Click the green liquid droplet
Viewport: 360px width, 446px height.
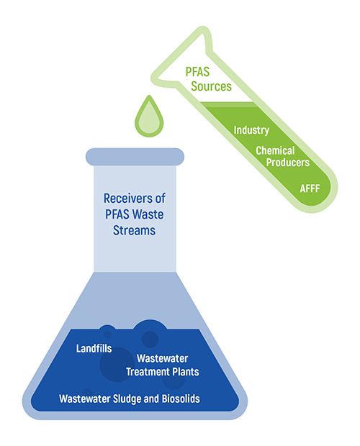(x=149, y=117)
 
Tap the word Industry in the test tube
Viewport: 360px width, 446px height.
(x=251, y=130)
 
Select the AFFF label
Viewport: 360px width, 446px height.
(x=310, y=188)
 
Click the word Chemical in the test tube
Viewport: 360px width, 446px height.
(x=275, y=151)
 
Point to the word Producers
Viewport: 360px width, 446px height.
(x=288, y=163)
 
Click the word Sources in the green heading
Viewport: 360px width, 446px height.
(x=211, y=86)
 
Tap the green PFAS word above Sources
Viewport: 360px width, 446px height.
(x=197, y=72)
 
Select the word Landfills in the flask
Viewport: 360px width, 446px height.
(x=94, y=348)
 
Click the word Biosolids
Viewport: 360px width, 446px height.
(x=181, y=399)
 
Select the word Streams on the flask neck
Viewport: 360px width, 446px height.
(x=135, y=230)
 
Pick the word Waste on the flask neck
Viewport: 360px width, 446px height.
(x=148, y=214)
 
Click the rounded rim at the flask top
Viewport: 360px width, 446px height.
(x=135, y=157)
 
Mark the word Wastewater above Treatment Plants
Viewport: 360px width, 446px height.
(x=163, y=358)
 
